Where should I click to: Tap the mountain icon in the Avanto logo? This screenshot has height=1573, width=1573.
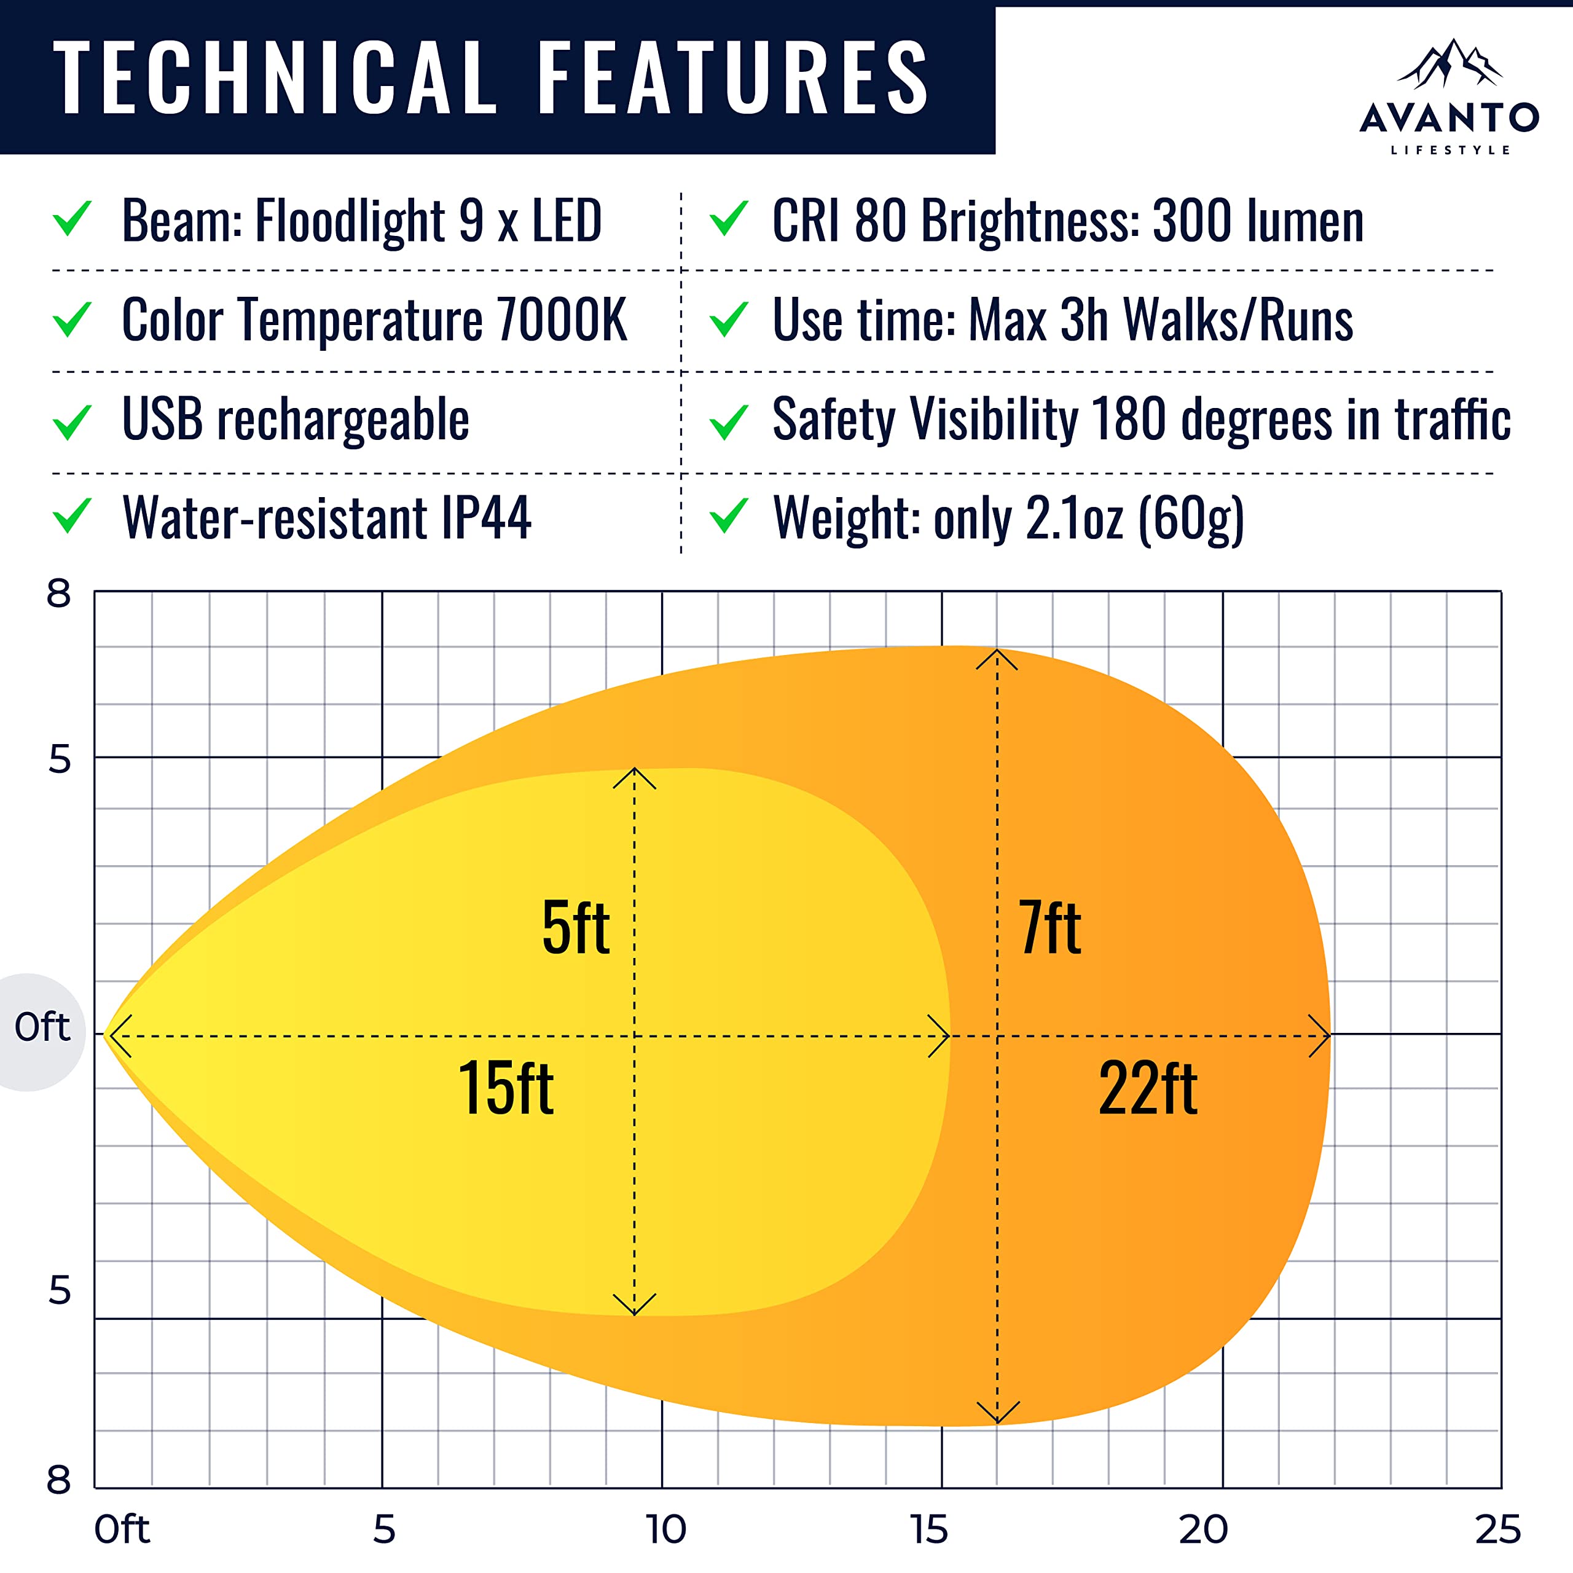click(x=1449, y=65)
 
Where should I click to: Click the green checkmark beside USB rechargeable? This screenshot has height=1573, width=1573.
click(x=72, y=421)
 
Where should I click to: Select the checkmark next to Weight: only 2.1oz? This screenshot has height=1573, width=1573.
click(x=729, y=516)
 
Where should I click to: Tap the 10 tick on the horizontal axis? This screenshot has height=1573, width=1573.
click(x=665, y=1529)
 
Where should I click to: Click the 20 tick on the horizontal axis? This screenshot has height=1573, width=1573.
click(x=1203, y=1529)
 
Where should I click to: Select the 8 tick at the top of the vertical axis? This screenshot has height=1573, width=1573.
click(x=58, y=594)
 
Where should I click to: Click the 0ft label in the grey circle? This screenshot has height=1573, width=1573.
click(x=42, y=1027)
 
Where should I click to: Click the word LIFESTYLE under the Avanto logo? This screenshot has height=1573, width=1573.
click(x=1450, y=150)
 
